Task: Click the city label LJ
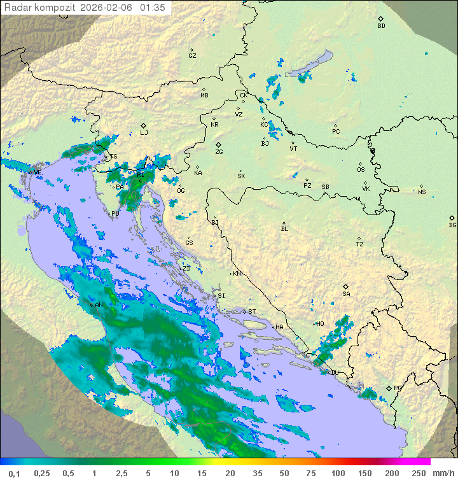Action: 144,133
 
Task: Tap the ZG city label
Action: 219,152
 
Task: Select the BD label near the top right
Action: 381,26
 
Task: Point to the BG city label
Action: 452,225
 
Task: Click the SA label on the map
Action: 346,293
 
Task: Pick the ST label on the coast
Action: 252,311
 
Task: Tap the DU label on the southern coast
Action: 335,372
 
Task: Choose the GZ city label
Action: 192,56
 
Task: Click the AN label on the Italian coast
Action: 99,305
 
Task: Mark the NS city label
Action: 422,192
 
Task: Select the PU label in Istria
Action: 115,214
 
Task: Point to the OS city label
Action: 361,170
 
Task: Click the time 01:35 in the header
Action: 153,8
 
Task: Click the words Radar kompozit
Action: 40,8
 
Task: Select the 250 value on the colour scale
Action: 419,473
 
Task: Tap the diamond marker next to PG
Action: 389,388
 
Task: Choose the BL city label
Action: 284,228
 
